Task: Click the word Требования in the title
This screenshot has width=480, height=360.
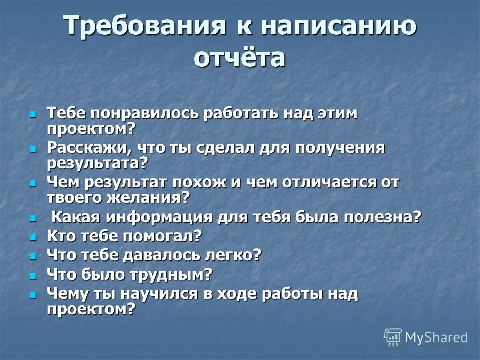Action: point(145,26)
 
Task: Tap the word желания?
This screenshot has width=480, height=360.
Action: point(149,198)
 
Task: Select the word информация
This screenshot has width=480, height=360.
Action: point(159,218)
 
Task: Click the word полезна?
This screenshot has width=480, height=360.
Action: point(383,217)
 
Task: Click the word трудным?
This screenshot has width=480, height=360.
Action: point(170,274)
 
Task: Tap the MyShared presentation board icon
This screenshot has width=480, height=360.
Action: point(393,337)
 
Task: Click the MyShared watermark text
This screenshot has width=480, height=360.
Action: point(436,337)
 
